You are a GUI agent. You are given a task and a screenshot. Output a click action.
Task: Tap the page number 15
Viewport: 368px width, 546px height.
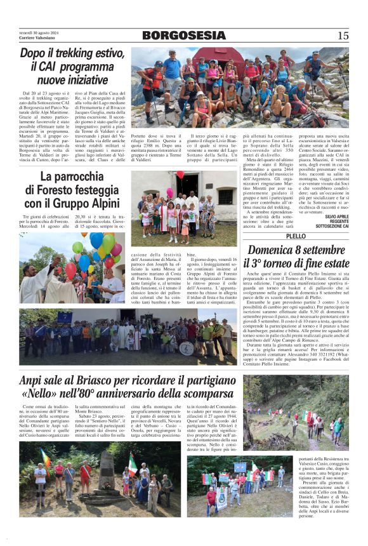(x=343, y=36)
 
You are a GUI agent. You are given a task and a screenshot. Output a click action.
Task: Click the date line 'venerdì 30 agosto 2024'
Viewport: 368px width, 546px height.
(x=39, y=33)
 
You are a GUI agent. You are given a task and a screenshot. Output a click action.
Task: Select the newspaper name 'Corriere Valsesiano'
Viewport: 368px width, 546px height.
(x=36, y=39)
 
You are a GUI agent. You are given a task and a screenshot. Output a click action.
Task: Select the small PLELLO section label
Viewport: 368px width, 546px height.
(x=296, y=236)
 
